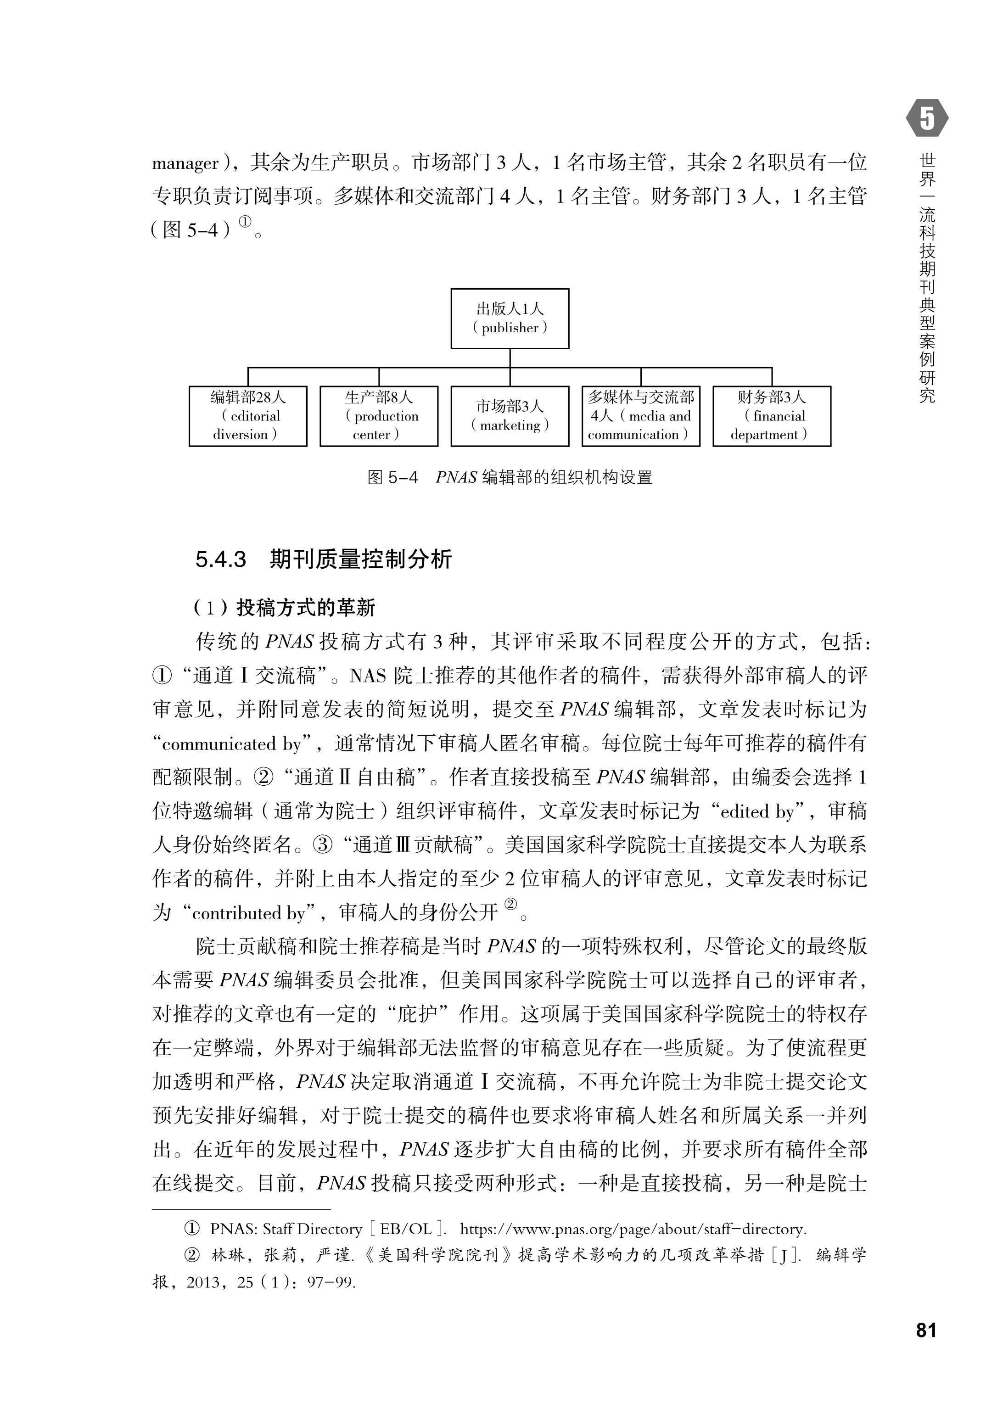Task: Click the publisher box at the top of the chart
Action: coord(510,319)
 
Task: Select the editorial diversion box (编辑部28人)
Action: coord(248,416)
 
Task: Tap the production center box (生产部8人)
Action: coord(379,416)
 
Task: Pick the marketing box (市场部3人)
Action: coord(510,416)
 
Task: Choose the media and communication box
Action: coord(640,416)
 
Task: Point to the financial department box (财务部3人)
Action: coord(771,416)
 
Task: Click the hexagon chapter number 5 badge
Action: coord(926,118)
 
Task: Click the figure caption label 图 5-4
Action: coord(392,477)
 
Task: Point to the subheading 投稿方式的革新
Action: coord(306,608)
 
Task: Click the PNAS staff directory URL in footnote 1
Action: coord(633,1230)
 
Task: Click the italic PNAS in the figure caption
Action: coord(456,477)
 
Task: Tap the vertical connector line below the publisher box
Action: coord(510,358)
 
